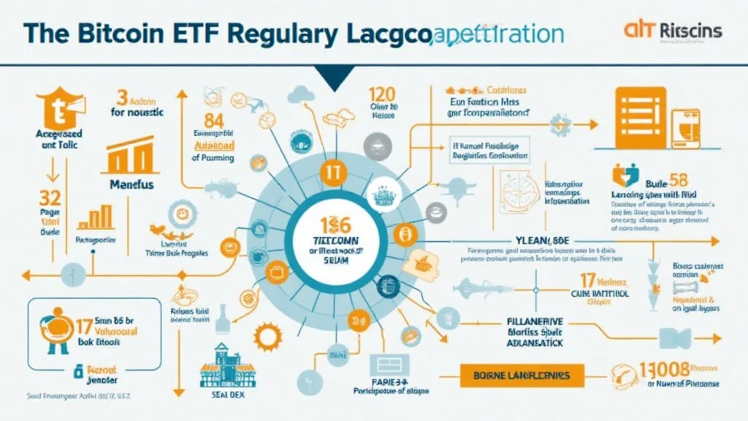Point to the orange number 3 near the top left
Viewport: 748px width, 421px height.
click(121, 97)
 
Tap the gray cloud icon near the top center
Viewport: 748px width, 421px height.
click(300, 94)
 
